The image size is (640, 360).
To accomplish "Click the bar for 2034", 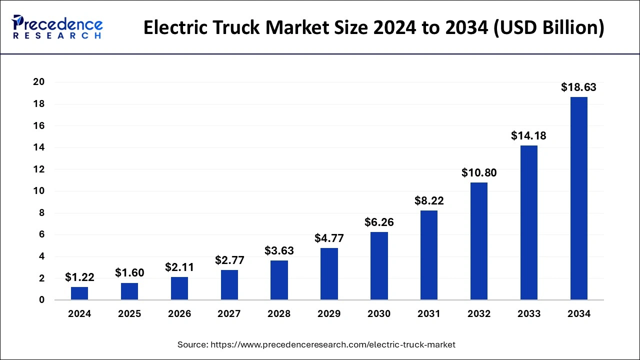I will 579,198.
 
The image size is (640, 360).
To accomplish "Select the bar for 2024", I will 79,293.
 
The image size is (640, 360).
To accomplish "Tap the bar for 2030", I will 379,266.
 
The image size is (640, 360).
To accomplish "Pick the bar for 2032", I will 479,241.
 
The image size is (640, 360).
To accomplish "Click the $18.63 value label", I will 578,87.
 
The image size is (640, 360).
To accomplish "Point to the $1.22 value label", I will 79,277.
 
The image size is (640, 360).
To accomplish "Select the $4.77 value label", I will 329,238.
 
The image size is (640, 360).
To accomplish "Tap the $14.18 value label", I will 528,135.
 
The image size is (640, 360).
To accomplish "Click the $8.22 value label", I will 429,201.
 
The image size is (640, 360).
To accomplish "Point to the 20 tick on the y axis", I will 38,82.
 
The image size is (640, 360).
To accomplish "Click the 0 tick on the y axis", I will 42,300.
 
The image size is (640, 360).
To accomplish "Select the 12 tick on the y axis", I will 38,169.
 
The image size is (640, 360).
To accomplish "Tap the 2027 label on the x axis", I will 229,314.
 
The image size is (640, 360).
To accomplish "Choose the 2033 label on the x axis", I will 529,314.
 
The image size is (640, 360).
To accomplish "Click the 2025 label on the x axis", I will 129,314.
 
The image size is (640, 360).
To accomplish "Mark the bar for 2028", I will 279,280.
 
